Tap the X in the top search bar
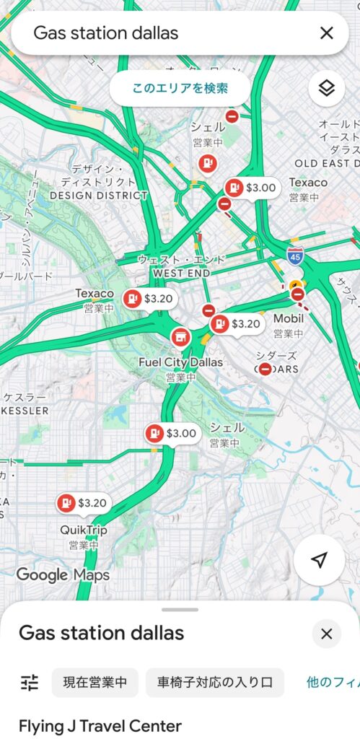coord(327,32)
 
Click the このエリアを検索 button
coord(180,89)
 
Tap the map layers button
coord(327,89)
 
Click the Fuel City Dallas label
coord(180,362)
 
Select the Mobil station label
coord(289,318)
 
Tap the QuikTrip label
coord(83,530)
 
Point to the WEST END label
coord(181,274)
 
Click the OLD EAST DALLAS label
coord(326,163)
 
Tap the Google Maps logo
coord(63,575)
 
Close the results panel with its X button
coord(326,634)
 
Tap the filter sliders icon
coord(30,682)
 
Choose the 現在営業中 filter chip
coord(95,682)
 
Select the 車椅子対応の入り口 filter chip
coord(215,682)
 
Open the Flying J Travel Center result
coord(100,725)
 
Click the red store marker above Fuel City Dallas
coord(180,336)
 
